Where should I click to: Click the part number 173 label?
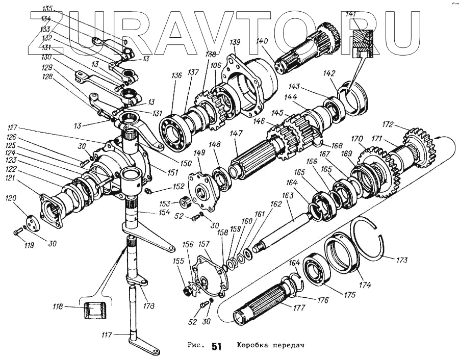pyautogui.click(x=402, y=261)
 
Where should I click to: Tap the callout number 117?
pyautogui.click(x=108, y=335)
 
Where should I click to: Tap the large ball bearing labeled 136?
pyautogui.click(x=174, y=134)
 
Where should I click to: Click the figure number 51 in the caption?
pyautogui.click(x=216, y=347)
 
